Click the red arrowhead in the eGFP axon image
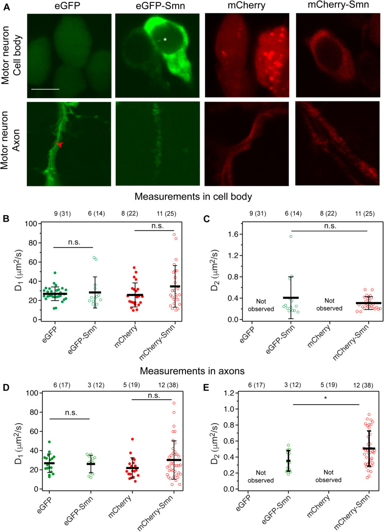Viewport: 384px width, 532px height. [x=60, y=145]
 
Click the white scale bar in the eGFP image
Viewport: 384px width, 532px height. [x=45, y=89]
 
